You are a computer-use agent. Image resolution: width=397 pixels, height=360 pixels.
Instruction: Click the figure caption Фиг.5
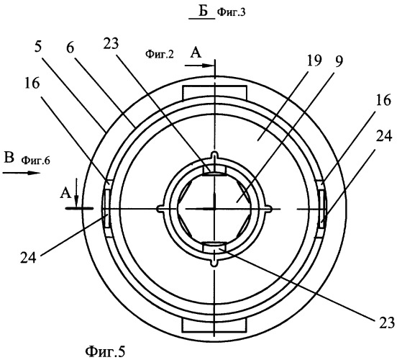click(x=105, y=351)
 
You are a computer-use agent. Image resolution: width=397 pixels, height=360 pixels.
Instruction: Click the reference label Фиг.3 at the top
click(x=232, y=12)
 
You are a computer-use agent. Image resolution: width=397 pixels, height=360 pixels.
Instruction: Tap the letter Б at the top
click(x=203, y=11)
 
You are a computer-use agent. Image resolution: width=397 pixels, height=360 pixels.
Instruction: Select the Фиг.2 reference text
click(x=160, y=54)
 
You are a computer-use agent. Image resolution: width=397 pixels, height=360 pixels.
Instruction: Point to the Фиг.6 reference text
click(x=35, y=161)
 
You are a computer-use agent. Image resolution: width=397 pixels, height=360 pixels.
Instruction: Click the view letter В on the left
click(x=9, y=158)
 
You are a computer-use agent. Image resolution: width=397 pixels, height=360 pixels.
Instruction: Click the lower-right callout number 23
click(x=387, y=323)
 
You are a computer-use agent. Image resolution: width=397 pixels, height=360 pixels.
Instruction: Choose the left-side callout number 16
click(x=32, y=83)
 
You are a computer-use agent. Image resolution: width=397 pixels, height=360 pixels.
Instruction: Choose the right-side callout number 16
click(x=383, y=100)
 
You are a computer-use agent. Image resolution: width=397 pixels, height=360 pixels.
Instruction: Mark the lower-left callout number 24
click(x=28, y=257)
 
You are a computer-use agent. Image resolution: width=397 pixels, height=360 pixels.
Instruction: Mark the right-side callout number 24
click(x=384, y=136)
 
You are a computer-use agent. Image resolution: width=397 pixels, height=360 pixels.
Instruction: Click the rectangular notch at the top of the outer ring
click(x=215, y=93)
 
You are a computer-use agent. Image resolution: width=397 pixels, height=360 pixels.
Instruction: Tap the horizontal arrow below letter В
click(x=22, y=173)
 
